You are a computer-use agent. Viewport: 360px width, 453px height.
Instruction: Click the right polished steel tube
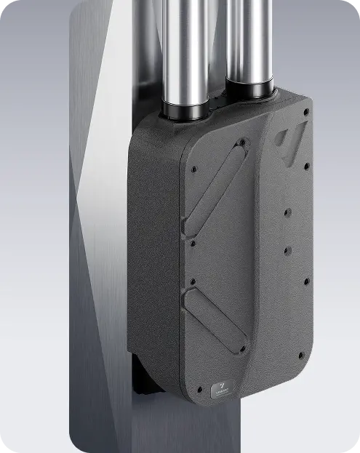pyautogui.click(x=249, y=40)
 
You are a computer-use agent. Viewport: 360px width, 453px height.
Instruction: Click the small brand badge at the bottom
pyautogui.click(x=222, y=390)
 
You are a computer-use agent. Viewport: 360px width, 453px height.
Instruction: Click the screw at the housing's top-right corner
pyautogui.click(x=306, y=113)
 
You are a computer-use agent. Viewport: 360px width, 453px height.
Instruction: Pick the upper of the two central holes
pyautogui.click(x=288, y=214)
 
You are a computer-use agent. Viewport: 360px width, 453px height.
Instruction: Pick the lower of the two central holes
pyautogui.click(x=287, y=250)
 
